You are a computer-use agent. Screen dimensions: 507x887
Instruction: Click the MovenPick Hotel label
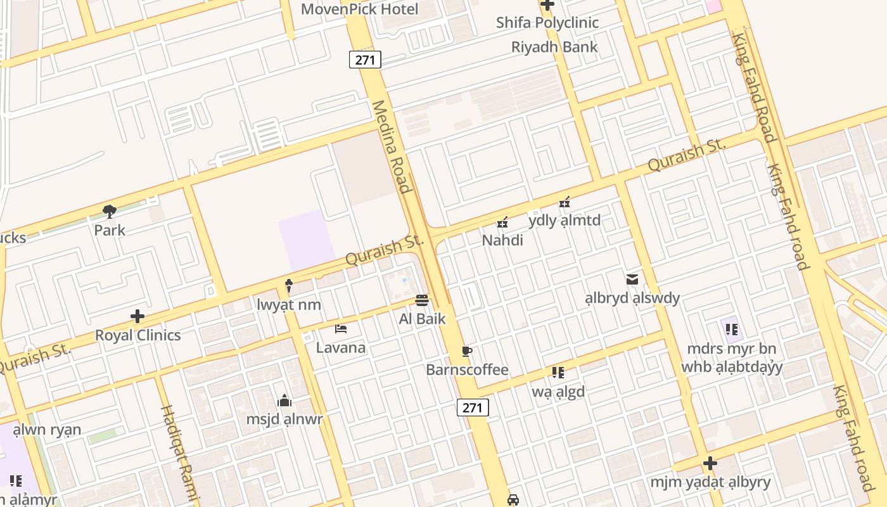point(359,10)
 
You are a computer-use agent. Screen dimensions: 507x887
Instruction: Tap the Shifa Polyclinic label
point(547,23)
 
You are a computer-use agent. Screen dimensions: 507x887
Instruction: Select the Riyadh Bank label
point(554,47)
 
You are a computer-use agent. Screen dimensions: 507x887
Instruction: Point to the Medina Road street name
point(392,146)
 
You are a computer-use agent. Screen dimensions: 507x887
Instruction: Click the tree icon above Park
point(110,212)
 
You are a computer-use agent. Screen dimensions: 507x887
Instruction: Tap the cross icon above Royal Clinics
point(137,316)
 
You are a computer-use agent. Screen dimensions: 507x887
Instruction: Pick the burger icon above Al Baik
point(422,300)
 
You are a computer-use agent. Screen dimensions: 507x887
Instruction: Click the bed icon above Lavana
point(341,328)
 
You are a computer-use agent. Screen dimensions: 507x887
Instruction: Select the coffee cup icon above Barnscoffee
point(467,351)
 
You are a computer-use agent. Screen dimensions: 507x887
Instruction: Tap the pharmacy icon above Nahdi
point(502,222)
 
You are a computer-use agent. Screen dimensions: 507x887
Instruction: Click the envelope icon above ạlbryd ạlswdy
point(632,279)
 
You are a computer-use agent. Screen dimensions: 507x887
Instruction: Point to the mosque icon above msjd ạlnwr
point(284,401)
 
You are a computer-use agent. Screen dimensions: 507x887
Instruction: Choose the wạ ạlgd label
point(558,392)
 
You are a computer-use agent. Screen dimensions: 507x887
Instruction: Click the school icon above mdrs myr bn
point(732,329)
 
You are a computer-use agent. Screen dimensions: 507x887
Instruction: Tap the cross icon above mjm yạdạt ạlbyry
point(710,463)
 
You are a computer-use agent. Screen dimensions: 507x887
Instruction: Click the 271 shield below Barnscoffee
point(473,408)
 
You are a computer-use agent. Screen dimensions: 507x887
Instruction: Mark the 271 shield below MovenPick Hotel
point(365,60)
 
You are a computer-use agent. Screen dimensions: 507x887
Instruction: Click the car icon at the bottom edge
point(513,499)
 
